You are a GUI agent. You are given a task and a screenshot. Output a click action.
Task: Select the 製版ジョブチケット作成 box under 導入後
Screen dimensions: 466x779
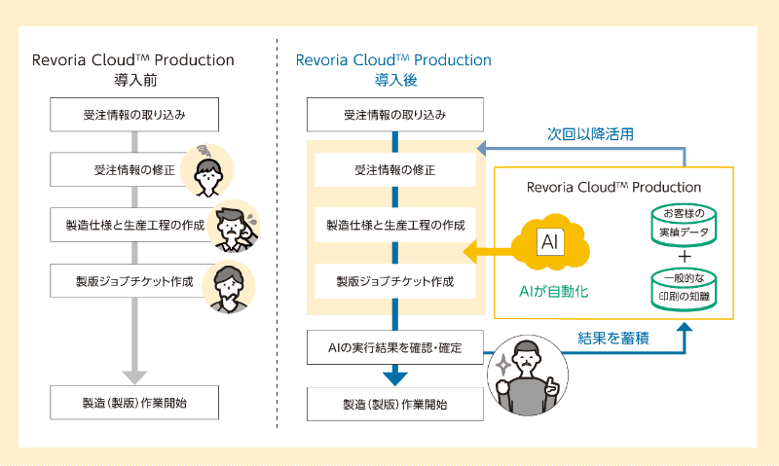click(394, 281)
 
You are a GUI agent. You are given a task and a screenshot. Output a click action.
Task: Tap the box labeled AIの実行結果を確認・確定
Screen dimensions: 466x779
click(394, 346)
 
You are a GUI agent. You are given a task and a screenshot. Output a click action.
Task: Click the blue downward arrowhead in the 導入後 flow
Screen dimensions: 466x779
click(394, 376)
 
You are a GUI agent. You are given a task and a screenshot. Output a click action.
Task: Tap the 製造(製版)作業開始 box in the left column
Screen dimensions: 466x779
click(133, 403)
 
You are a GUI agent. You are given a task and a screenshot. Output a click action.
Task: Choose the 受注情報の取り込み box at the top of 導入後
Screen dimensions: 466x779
click(394, 115)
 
